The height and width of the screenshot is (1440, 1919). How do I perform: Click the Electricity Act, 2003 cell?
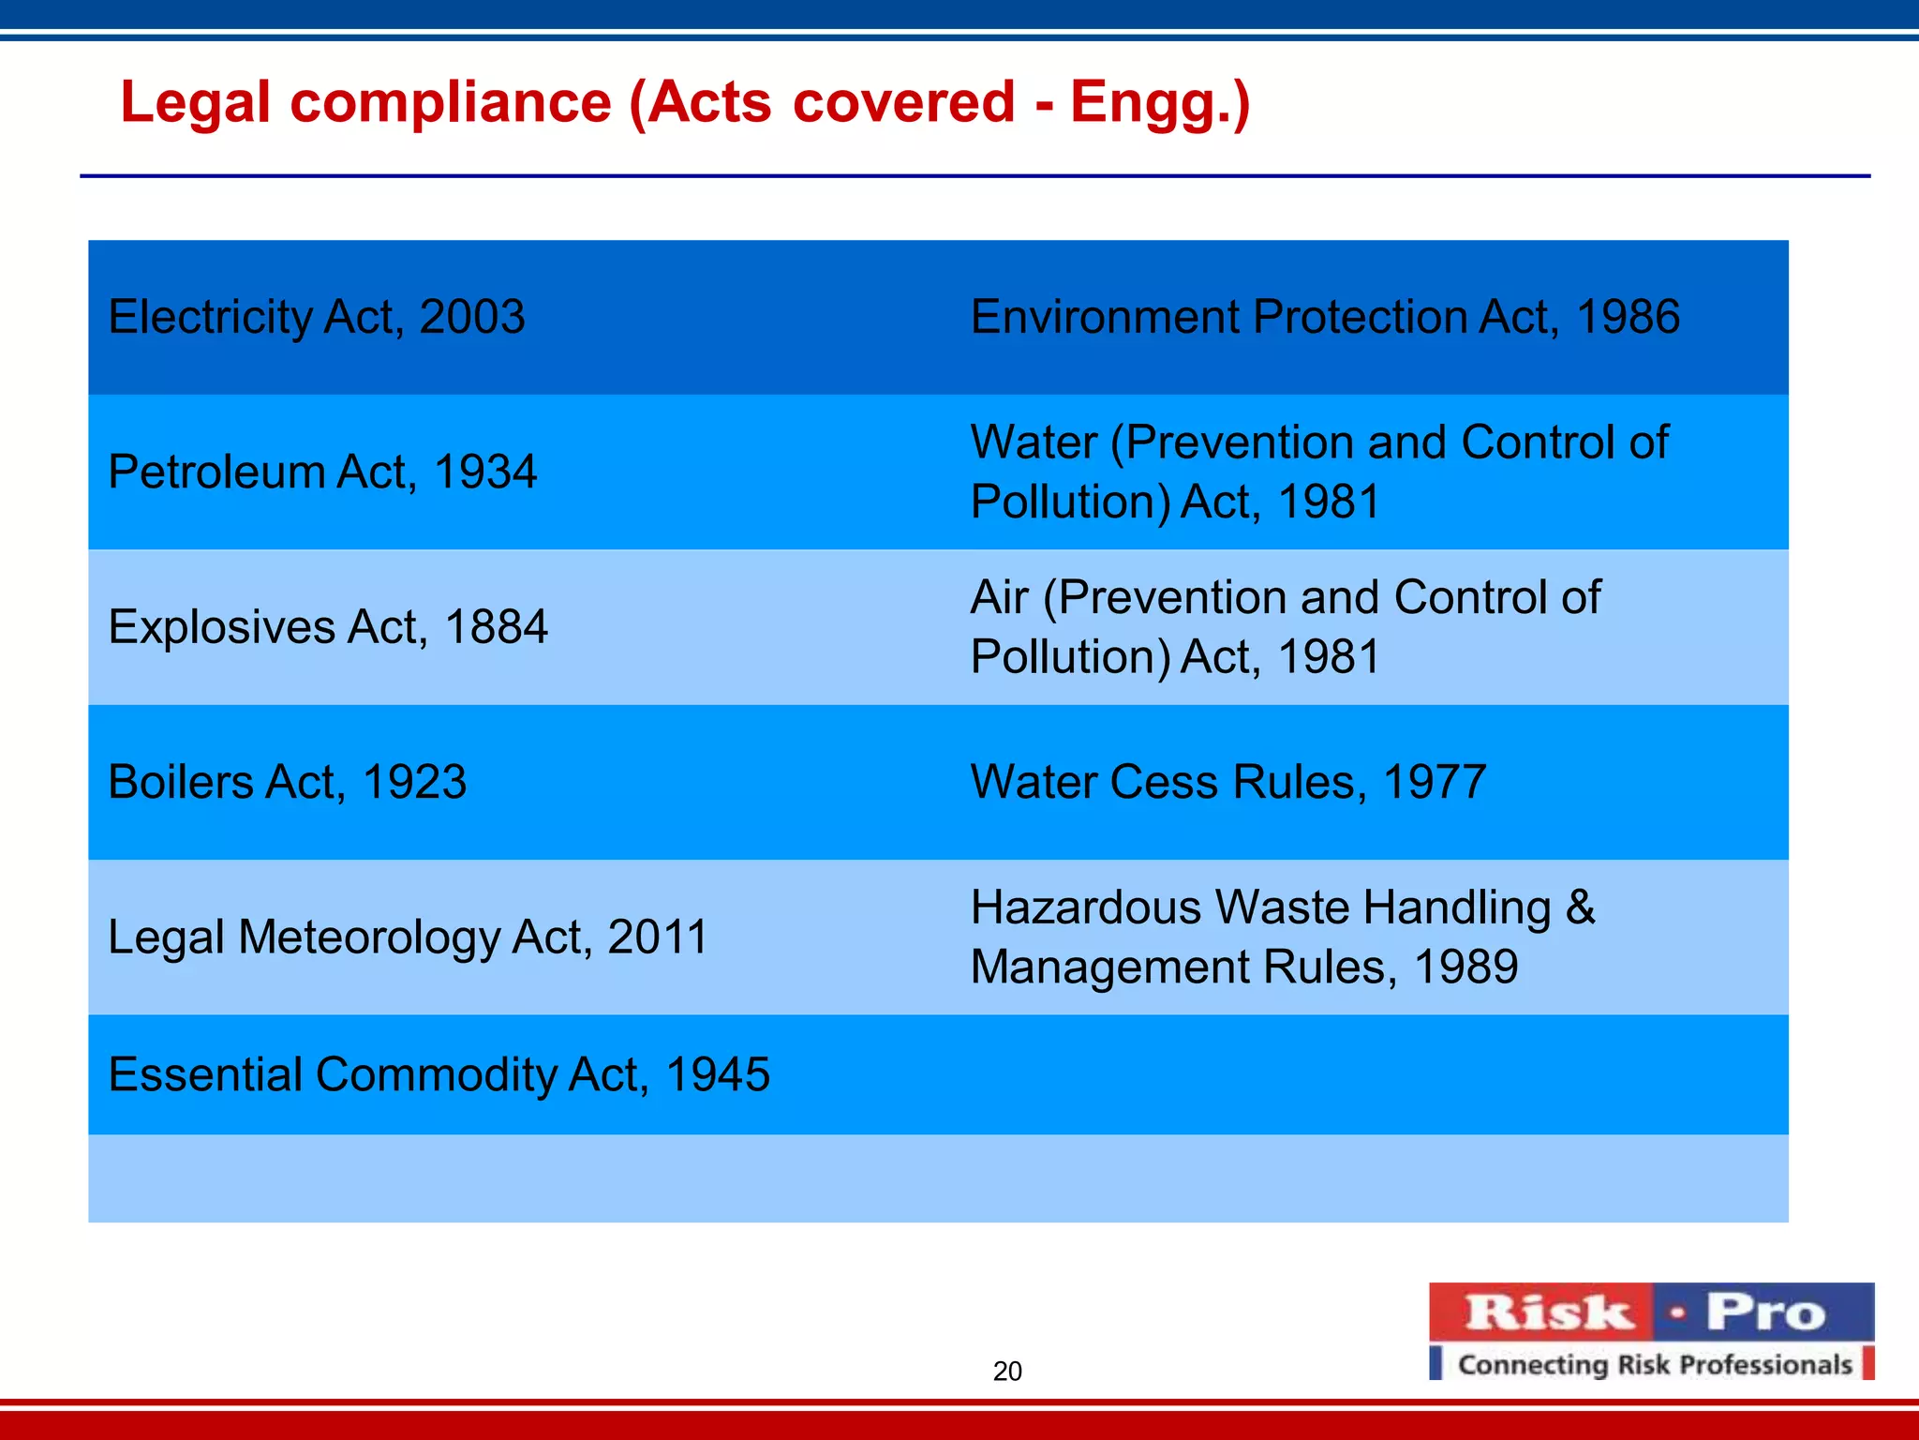(x=317, y=317)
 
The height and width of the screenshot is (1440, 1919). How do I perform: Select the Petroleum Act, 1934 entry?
(x=322, y=472)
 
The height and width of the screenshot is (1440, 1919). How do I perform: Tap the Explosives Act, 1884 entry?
(x=328, y=626)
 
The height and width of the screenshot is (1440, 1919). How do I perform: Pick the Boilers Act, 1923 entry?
(x=287, y=782)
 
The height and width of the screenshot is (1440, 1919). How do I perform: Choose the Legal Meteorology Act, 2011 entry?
(x=408, y=937)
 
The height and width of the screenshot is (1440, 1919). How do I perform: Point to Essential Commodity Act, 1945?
(x=439, y=1074)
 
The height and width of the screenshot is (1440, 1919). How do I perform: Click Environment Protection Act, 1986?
(x=1325, y=317)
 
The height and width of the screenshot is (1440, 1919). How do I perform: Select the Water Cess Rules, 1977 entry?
(x=1227, y=782)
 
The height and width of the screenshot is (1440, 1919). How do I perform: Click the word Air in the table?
(x=999, y=597)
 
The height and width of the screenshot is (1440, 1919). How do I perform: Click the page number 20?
(x=1007, y=1372)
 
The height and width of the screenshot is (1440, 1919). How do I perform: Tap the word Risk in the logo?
(x=1548, y=1312)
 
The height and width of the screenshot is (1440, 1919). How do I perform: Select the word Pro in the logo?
(x=1765, y=1312)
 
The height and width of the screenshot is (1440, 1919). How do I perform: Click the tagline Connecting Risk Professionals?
(x=1655, y=1365)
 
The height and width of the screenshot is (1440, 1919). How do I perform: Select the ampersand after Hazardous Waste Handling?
(x=1580, y=907)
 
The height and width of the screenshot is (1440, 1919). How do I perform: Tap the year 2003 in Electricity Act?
(x=472, y=317)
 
